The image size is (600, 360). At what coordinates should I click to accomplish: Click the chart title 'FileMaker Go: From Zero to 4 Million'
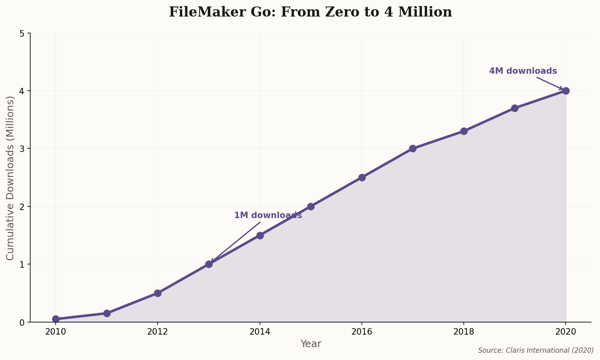pyautogui.click(x=310, y=12)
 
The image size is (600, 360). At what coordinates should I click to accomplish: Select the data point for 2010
pyautogui.click(x=56, y=319)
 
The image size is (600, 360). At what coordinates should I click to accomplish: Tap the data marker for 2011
pyautogui.click(x=107, y=313)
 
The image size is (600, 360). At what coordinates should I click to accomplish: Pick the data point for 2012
pyautogui.click(x=158, y=293)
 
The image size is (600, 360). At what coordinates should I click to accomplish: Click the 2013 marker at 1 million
pyautogui.click(x=209, y=264)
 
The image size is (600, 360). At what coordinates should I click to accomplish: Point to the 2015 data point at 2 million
pyautogui.click(x=311, y=206)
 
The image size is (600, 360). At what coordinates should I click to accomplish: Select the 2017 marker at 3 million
pyautogui.click(x=413, y=148)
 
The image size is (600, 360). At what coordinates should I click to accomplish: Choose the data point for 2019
pyautogui.click(x=515, y=108)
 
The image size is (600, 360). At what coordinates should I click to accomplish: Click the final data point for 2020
pyautogui.click(x=566, y=91)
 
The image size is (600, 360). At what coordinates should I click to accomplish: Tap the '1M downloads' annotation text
pyautogui.click(x=268, y=215)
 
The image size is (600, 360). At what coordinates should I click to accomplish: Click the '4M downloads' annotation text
pyautogui.click(x=523, y=71)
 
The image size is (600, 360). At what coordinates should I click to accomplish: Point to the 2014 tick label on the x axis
pyautogui.click(x=260, y=332)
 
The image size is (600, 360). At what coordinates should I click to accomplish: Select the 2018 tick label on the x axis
pyautogui.click(x=464, y=332)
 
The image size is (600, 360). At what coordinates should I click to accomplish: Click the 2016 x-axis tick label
pyautogui.click(x=362, y=332)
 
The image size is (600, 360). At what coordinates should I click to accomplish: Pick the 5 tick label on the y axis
pyautogui.click(x=22, y=33)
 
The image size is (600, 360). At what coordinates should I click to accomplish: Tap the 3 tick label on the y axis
pyautogui.click(x=22, y=149)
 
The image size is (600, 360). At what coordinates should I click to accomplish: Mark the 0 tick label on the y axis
pyautogui.click(x=22, y=323)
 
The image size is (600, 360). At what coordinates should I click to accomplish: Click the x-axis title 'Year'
pyautogui.click(x=311, y=344)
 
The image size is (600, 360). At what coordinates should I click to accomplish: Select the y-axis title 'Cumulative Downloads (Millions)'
pyautogui.click(x=10, y=178)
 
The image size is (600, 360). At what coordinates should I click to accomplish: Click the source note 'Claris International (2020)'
pyautogui.click(x=536, y=350)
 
